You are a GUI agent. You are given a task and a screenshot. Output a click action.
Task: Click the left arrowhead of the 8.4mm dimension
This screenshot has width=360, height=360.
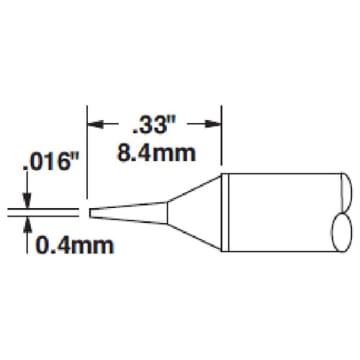click(97, 125)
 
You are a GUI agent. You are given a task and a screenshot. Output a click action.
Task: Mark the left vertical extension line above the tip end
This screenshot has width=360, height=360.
click(89, 150)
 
